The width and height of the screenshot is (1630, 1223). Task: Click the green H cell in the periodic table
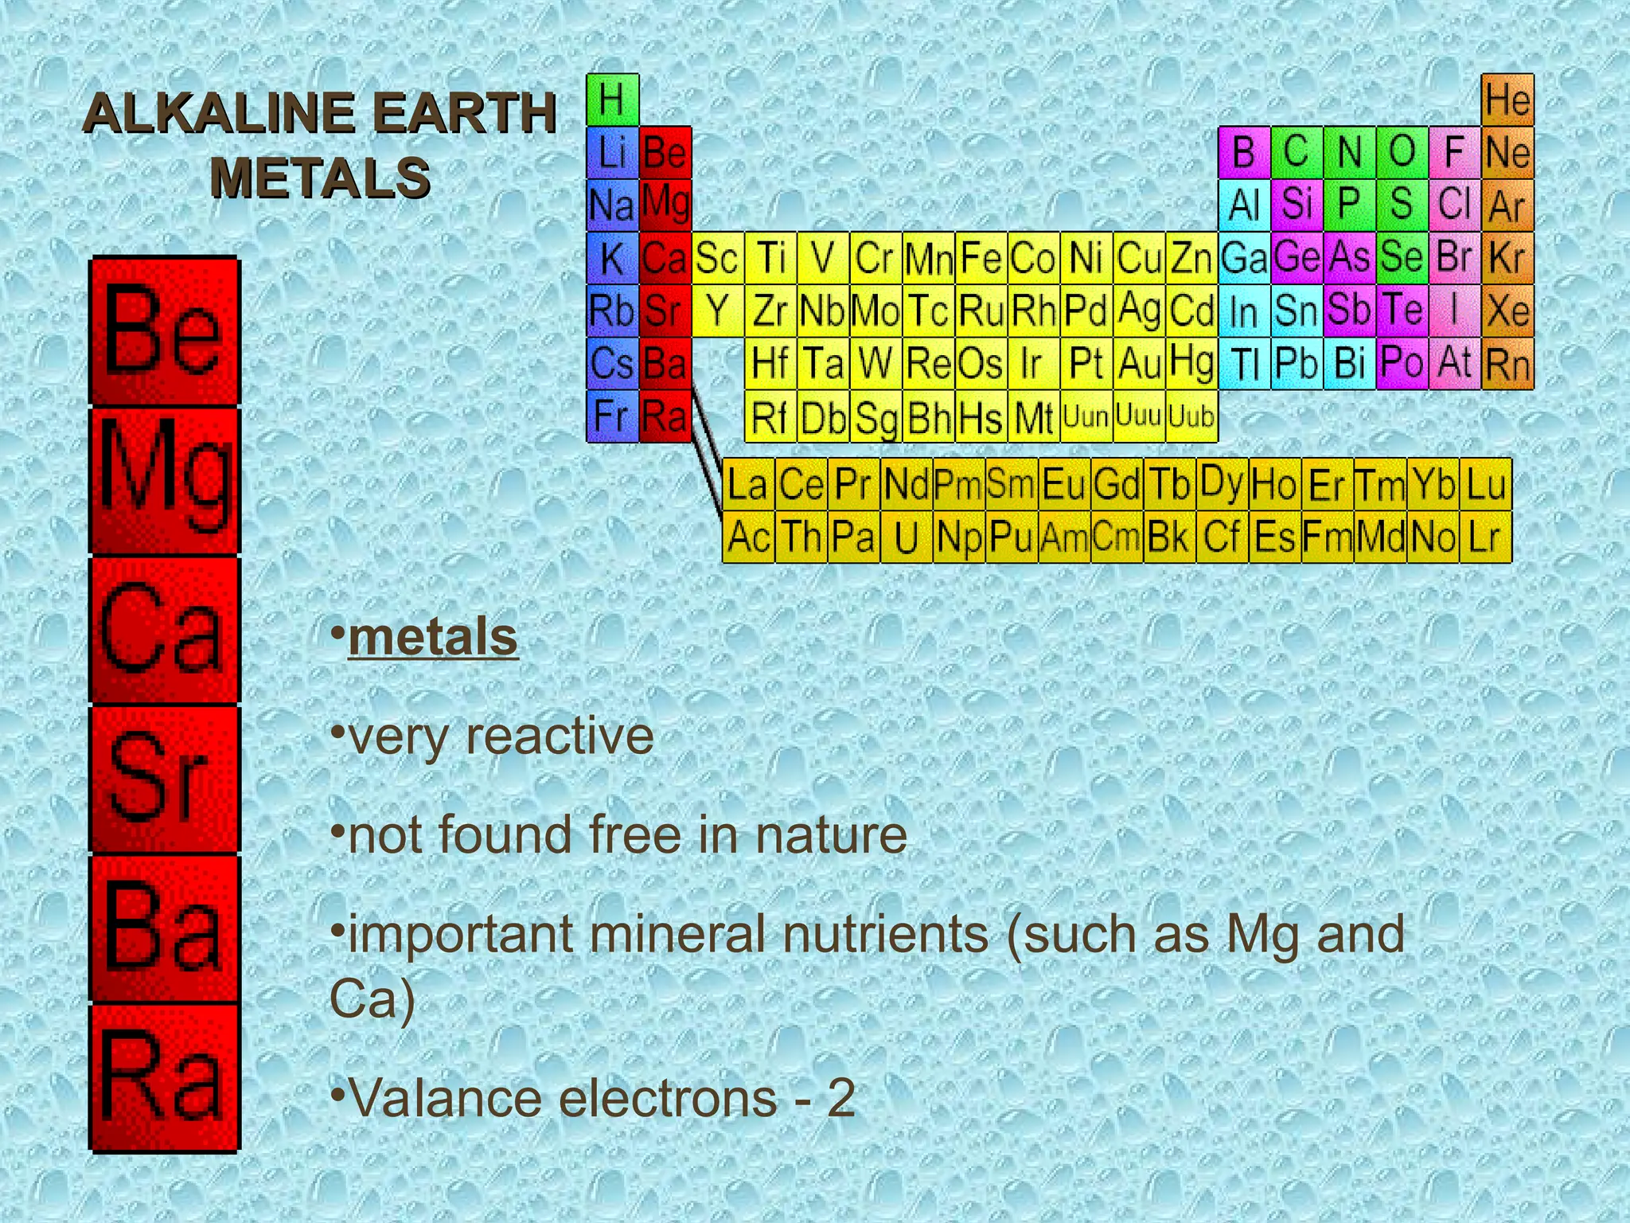click(x=612, y=100)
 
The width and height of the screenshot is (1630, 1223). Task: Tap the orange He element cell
click(x=1507, y=100)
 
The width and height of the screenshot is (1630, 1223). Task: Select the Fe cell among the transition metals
click(x=981, y=257)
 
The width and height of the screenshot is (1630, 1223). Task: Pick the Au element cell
click(x=1138, y=364)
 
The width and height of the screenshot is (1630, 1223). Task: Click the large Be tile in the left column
click(x=164, y=331)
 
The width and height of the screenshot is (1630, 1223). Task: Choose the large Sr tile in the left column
click(x=164, y=779)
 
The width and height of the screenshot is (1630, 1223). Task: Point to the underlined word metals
click(x=433, y=637)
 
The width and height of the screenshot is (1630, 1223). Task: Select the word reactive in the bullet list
click(x=560, y=736)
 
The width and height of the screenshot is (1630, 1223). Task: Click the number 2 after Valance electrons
click(x=840, y=1099)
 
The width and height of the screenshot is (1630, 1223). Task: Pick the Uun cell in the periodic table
click(x=1086, y=416)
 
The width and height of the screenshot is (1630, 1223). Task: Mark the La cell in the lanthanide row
click(x=747, y=484)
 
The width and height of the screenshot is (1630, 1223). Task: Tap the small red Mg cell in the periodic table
click(x=665, y=205)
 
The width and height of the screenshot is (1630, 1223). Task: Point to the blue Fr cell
click(x=612, y=416)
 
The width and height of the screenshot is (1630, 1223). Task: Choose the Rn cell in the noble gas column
click(x=1507, y=364)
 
